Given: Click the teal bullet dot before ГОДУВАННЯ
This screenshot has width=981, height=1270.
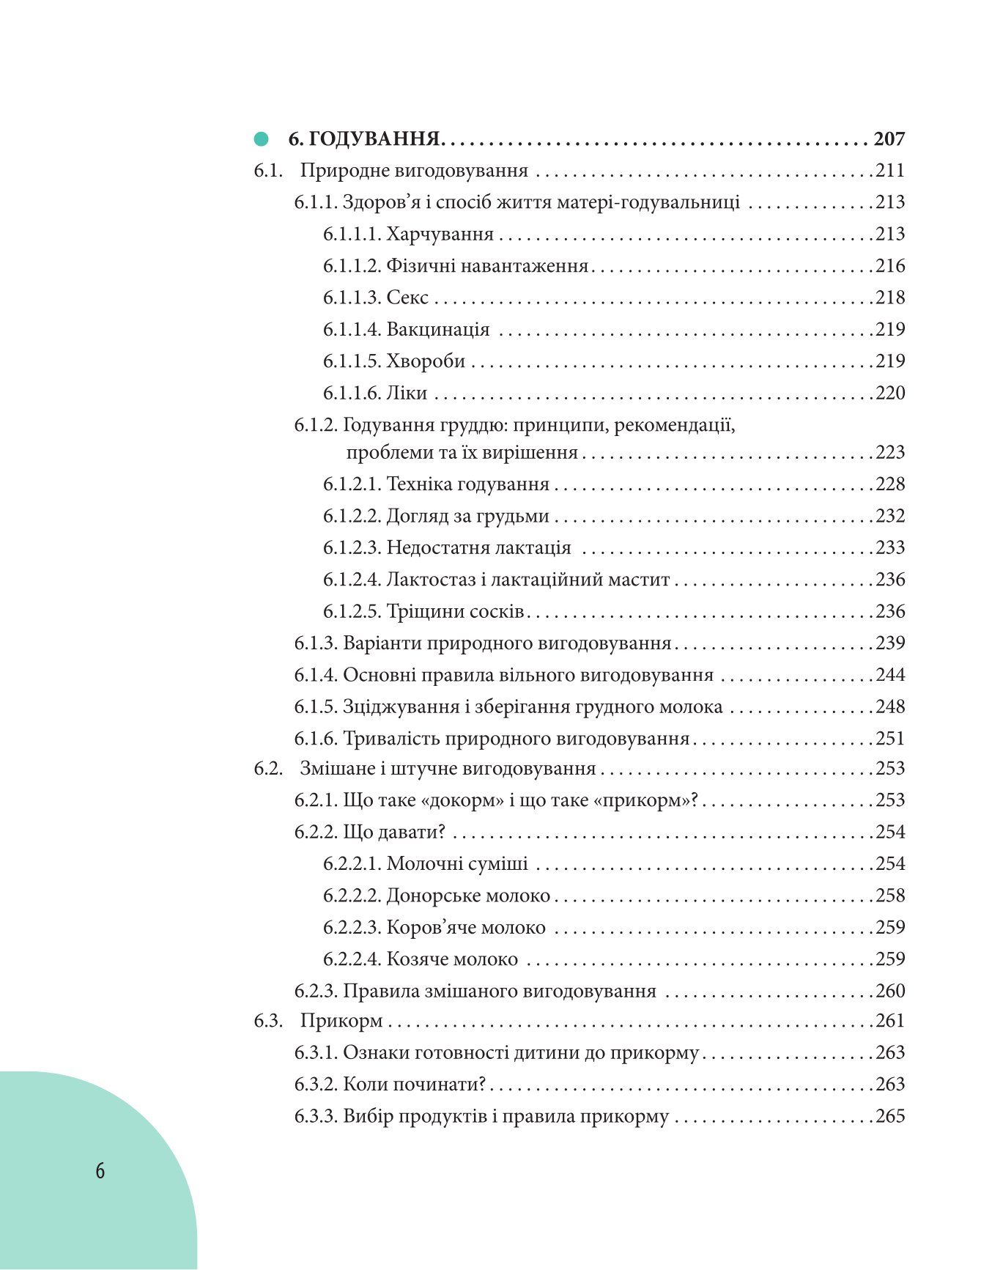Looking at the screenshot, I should pos(261,139).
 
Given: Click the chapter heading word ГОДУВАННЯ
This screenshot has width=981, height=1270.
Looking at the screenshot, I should pos(374,139).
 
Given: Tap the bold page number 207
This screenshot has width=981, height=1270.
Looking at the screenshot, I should pos(889,139).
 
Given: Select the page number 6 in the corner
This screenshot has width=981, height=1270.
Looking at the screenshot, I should pos(100,1170).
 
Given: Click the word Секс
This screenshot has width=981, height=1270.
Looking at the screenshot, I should pos(407,298).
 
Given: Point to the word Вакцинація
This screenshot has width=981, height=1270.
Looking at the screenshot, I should pos(438,329).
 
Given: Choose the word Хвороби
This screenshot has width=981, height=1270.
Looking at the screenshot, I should pos(426,361).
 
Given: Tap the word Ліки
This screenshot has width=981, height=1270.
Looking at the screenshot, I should pos(407,393).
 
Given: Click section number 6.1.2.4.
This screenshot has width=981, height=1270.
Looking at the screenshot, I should pos(352,580).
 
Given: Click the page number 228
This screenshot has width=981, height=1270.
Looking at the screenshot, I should pos(891,484).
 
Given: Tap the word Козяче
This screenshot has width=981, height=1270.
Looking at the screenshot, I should pos(417,959).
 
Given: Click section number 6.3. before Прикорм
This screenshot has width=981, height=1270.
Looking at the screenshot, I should pos(268,1021).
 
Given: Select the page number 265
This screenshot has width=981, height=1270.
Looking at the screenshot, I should pos(891,1116).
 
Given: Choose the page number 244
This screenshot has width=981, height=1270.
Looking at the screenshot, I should pos(891,675).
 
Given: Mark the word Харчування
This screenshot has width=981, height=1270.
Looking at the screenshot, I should pos(440,234).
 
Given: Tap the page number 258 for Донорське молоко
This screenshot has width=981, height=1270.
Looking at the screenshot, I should pos(891,896).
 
